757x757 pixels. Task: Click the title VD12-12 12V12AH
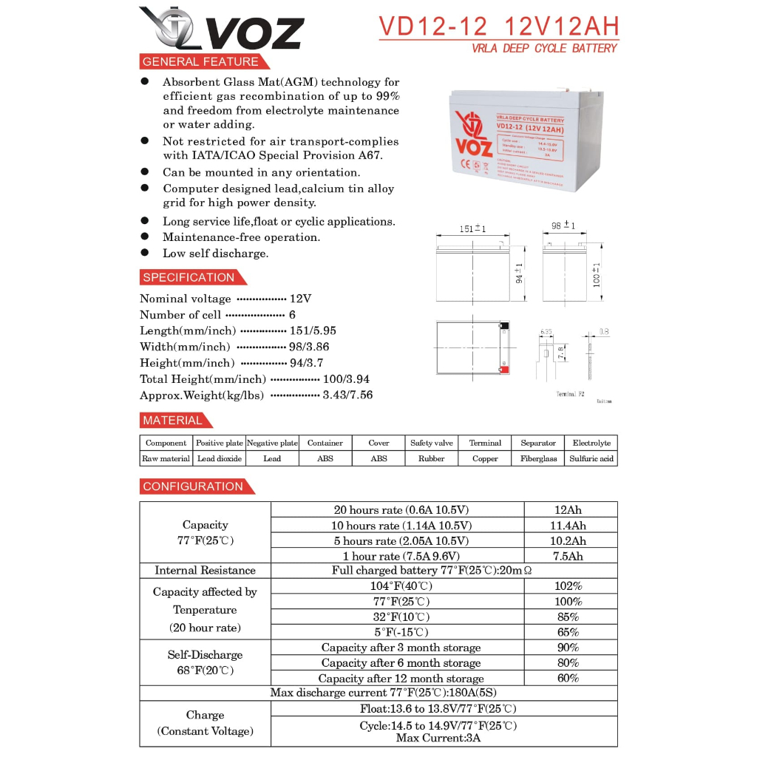pyautogui.click(x=498, y=27)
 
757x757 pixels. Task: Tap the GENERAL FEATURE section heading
pyautogui.click(x=200, y=62)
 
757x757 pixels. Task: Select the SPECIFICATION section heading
pyautogui.click(x=189, y=278)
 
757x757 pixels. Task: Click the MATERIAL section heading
pyautogui.click(x=172, y=421)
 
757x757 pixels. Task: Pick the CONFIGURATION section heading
pyautogui.click(x=193, y=486)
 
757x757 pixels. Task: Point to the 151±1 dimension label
pyautogui.click(x=472, y=229)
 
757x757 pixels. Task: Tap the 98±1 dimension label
pyautogui.click(x=564, y=225)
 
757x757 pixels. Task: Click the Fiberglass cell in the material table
pyautogui.click(x=538, y=458)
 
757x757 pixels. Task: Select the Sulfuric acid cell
pyautogui.click(x=591, y=458)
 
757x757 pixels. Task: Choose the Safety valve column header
pyautogui.click(x=432, y=443)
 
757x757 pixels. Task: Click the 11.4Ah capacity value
pyautogui.click(x=569, y=526)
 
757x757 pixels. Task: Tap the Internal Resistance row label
pyautogui.click(x=205, y=571)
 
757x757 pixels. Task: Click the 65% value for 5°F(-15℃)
pyautogui.click(x=569, y=632)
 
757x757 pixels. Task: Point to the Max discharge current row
pyautogui.click(x=378, y=693)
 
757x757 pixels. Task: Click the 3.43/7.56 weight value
pyautogui.click(x=347, y=396)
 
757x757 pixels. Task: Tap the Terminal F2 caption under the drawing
pyautogui.click(x=570, y=395)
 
